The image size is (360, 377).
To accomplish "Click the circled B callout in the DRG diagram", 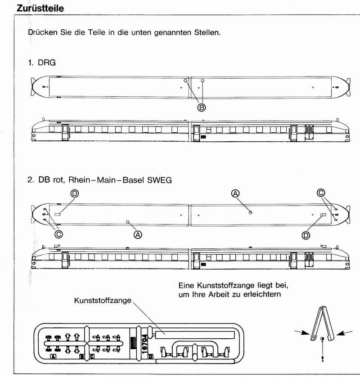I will [202, 107].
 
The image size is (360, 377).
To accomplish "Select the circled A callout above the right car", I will [235, 193].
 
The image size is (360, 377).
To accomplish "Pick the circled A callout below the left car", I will [138, 234].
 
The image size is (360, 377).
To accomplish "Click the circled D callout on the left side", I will [75, 193].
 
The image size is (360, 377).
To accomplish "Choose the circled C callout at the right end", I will [321, 193].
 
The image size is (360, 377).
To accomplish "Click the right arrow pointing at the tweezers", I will [344, 333].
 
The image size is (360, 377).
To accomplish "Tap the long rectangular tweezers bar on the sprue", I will [193, 334].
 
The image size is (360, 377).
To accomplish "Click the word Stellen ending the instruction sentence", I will [206, 33].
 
